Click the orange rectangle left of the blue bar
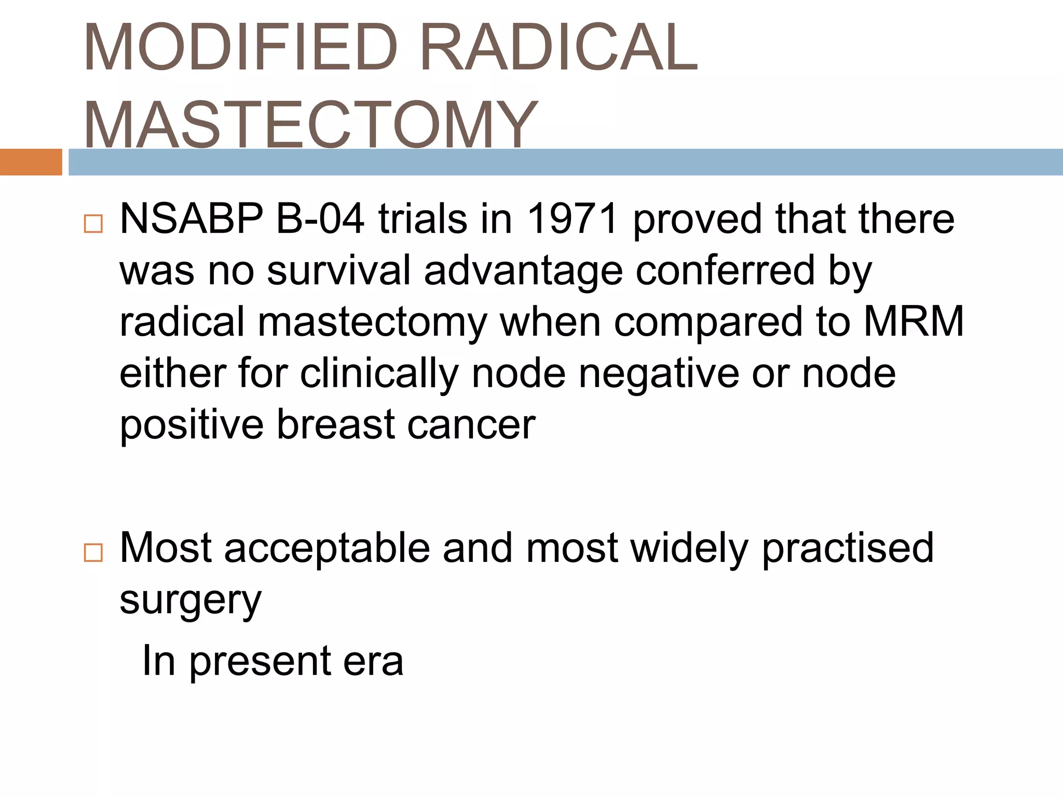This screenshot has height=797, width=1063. point(31,162)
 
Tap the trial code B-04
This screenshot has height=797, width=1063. point(320,219)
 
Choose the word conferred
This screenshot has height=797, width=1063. point(726,270)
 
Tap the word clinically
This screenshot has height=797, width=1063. point(379,374)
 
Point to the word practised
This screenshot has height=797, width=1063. point(848,548)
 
